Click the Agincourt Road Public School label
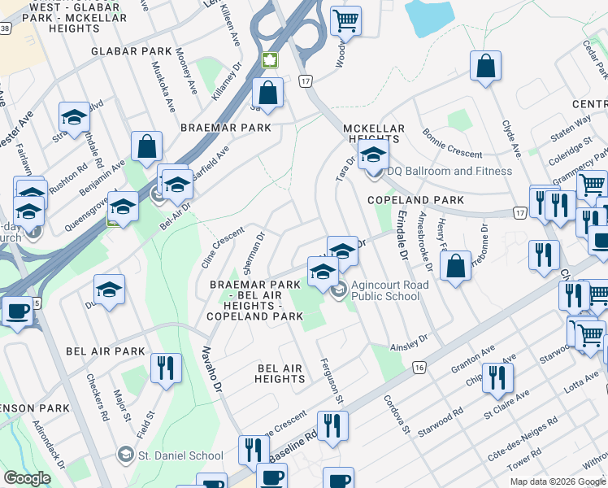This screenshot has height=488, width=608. click(x=385, y=290)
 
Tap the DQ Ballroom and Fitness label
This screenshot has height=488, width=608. click(x=449, y=171)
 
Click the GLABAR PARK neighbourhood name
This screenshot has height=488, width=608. click(x=132, y=51)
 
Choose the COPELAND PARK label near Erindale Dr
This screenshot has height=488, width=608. click(x=415, y=200)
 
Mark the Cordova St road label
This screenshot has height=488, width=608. click(x=397, y=414)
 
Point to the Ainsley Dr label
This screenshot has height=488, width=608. click(x=410, y=342)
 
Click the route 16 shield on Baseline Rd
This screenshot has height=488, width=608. click(x=418, y=368)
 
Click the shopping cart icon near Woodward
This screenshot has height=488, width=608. click(x=346, y=20)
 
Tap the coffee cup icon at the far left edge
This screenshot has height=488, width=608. click(x=15, y=312)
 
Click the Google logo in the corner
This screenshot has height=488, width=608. click(x=27, y=478)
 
